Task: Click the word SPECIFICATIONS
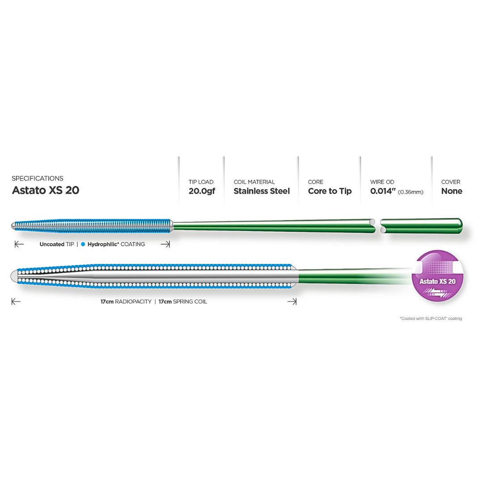pyautogui.click(x=38, y=178)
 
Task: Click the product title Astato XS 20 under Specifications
pyautogui.click(x=46, y=190)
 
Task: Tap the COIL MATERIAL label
pyautogui.click(x=254, y=182)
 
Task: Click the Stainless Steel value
pyautogui.click(x=262, y=191)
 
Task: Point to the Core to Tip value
pyautogui.click(x=330, y=191)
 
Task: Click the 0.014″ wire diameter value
pyautogui.click(x=382, y=191)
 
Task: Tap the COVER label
pyautogui.click(x=450, y=182)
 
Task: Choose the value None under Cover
pyautogui.click(x=452, y=191)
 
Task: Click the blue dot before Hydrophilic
pyautogui.click(x=83, y=245)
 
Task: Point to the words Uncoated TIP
pyautogui.click(x=56, y=245)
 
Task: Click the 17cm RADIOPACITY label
pyautogui.click(x=126, y=302)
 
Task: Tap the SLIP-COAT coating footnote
pyautogui.click(x=431, y=318)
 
